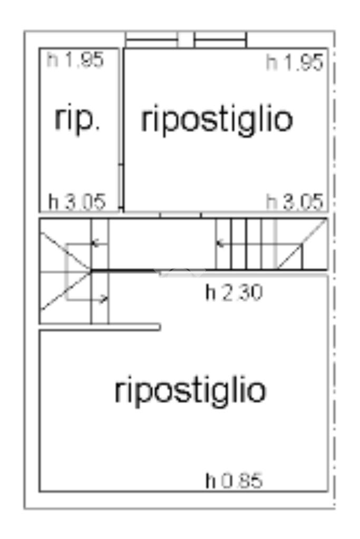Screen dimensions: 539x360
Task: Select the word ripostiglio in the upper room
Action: click(217, 120)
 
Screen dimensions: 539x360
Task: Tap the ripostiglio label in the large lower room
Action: click(190, 390)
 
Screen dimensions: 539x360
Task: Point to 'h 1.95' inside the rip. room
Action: click(75, 60)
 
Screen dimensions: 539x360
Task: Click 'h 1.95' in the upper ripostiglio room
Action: click(294, 63)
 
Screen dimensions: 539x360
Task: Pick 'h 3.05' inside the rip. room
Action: click(77, 201)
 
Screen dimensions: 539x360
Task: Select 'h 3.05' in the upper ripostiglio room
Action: click(294, 202)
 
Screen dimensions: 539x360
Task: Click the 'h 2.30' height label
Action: click(233, 293)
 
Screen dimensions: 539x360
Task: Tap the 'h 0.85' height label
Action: click(233, 481)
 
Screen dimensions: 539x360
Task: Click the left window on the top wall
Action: click(151, 40)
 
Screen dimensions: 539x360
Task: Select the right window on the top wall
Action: click(220, 40)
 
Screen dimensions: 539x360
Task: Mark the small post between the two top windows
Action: click(186, 40)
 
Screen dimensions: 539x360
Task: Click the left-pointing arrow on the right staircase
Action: click(222, 243)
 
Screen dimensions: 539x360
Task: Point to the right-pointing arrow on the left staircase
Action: click(103, 299)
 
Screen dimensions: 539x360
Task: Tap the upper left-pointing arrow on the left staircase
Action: click(96, 243)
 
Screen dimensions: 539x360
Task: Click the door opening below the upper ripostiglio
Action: click(180, 215)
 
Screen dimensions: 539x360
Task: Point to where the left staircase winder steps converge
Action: click(91, 271)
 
